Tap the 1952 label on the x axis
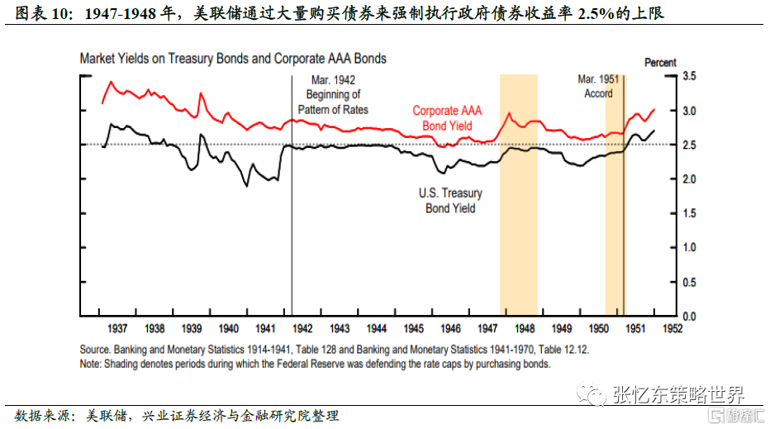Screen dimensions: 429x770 tap(671, 328)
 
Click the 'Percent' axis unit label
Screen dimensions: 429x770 tap(660, 62)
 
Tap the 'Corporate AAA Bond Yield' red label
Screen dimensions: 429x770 tap(447, 117)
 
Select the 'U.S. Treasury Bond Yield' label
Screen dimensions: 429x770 tap(450, 200)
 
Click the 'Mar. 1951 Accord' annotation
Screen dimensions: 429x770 tap(598, 86)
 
